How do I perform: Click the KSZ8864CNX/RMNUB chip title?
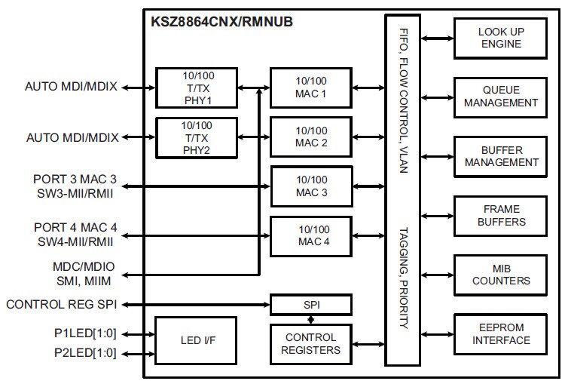(x=222, y=21)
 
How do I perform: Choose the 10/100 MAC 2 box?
(x=311, y=137)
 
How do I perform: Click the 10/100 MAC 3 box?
(x=311, y=186)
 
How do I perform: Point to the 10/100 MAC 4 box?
(x=311, y=236)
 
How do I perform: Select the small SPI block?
(x=311, y=305)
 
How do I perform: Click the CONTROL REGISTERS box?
(x=311, y=343)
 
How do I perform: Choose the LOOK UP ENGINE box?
(x=501, y=38)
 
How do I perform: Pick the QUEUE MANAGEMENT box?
(x=501, y=97)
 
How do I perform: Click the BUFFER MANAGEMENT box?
(x=501, y=156)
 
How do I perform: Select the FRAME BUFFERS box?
(x=501, y=216)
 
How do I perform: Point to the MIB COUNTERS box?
(x=501, y=275)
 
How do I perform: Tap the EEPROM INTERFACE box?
(x=501, y=334)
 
